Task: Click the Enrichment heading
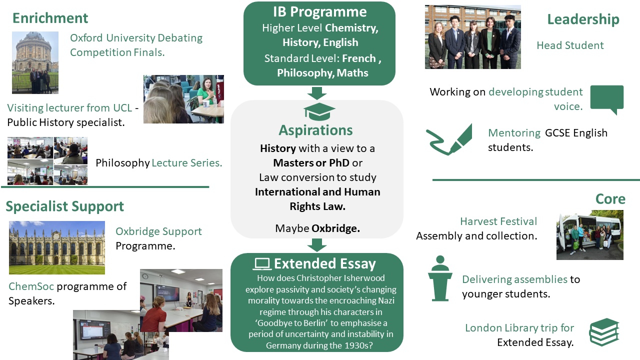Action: [x=50, y=18]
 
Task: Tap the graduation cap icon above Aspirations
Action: [x=319, y=111]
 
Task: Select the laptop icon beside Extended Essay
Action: [x=261, y=264]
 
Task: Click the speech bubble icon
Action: [x=607, y=99]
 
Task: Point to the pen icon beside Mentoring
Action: [x=449, y=139]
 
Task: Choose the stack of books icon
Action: [x=604, y=332]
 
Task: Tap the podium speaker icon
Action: [x=440, y=278]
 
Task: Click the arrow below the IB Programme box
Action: [x=317, y=93]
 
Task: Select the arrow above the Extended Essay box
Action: [x=317, y=245]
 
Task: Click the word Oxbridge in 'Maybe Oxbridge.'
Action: [x=335, y=228]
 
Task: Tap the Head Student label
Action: [x=570, y=45]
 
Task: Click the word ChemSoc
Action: [x=31, y=286]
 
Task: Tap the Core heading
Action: [x=610, y=199]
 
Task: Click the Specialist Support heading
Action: [x=65, y=206]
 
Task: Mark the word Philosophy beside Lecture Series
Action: [x=122, y=163]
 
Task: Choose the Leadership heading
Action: [x=583, y=19]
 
